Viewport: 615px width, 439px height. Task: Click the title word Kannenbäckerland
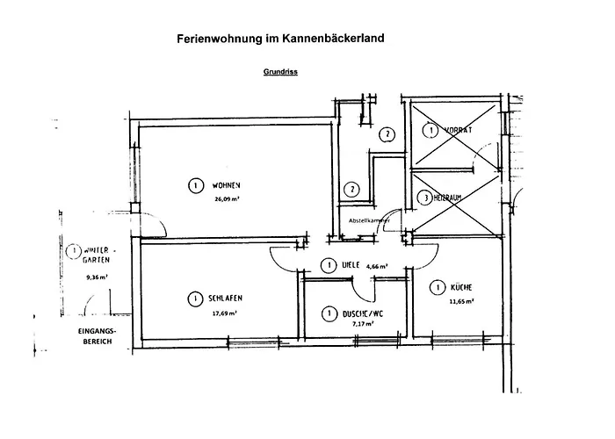(x=330, y=40)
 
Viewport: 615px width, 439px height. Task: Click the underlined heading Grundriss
(x=279, y=73)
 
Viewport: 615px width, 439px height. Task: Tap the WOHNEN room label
(x=226, y=185)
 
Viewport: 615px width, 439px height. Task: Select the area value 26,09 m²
(x=228, y=198)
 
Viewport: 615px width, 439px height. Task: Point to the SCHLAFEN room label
(x=227, y=299)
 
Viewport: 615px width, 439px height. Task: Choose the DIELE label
(x=352, y=265)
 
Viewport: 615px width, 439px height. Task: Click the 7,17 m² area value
(x=361, y=324)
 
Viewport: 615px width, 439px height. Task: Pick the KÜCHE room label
(x=462, y=287)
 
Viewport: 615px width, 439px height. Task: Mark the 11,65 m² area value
(x=462, y=300)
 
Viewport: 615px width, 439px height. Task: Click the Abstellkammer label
(x=369, y=220)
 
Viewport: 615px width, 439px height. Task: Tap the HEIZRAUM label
(x=454, y=198)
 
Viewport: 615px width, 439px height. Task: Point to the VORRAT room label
(x=458, y=130)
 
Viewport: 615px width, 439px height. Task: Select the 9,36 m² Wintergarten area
(x=97, y=277)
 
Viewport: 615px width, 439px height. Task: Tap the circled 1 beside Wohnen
(x=192, y=185)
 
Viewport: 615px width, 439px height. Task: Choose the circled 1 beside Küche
(x=435, y=287)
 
